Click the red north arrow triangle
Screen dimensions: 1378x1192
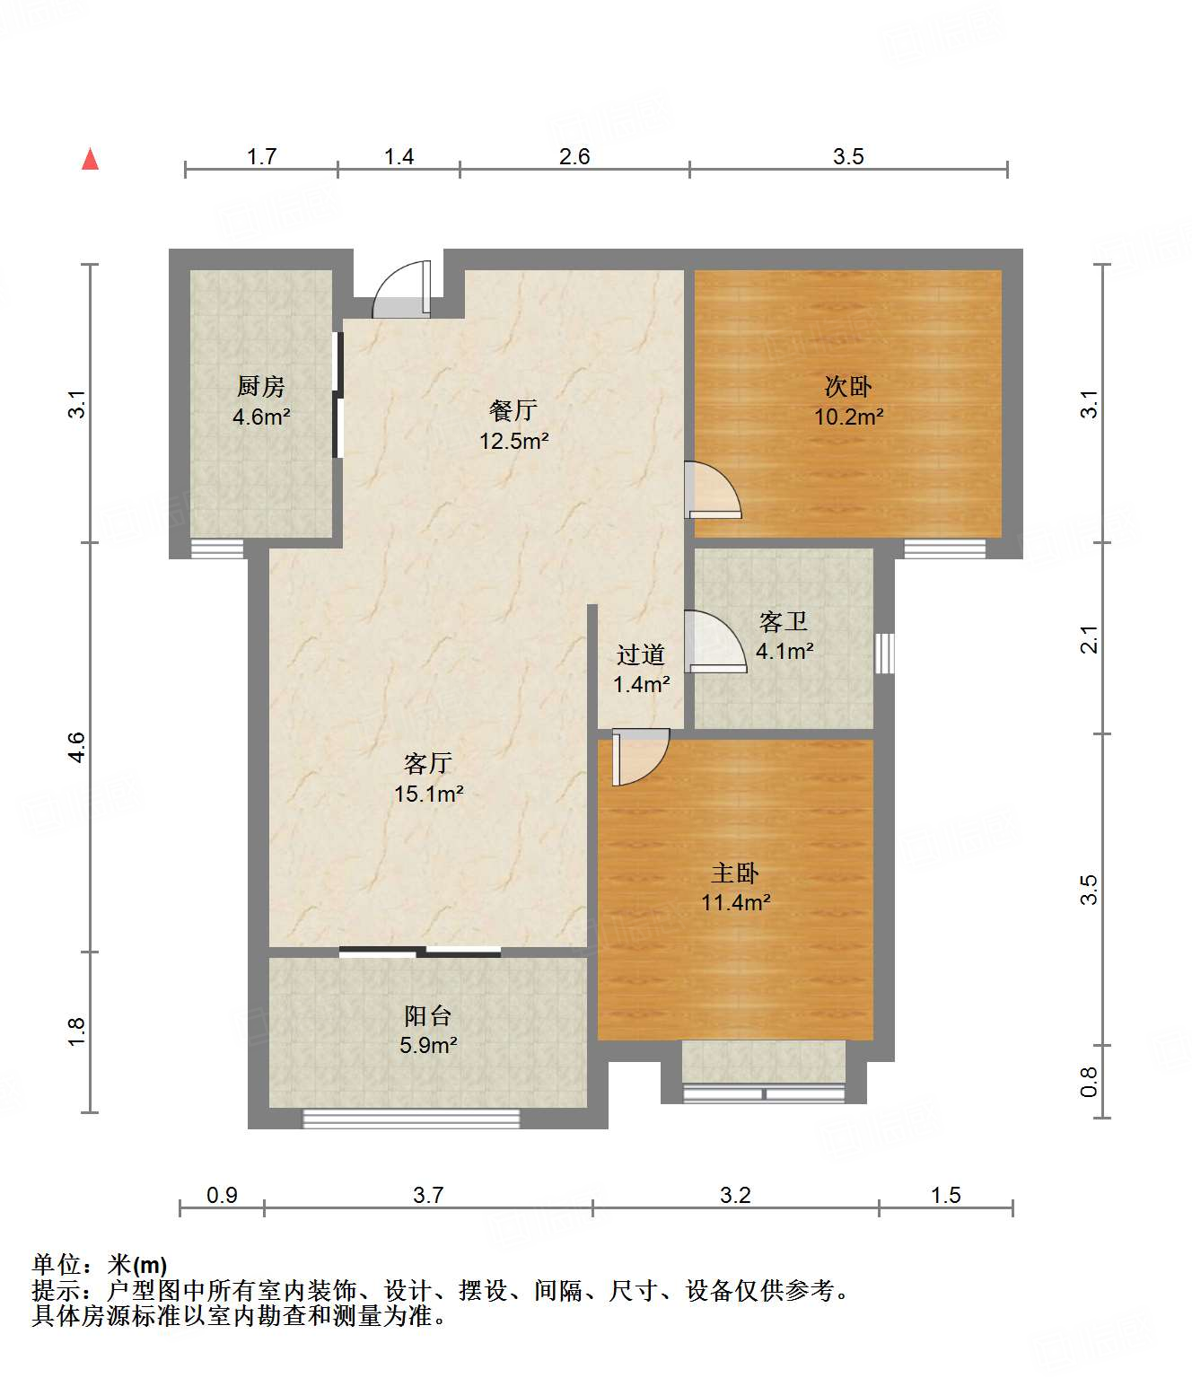point(90,160)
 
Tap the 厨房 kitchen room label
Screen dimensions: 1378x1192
point(260,387)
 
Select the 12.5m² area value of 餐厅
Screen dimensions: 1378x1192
point(513,441)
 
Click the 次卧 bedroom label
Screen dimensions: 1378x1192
point(847,387)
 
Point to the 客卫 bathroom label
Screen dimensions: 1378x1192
point(783,621)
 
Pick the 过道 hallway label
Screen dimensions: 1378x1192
point(641,654)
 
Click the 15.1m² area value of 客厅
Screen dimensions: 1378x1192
point(428,794)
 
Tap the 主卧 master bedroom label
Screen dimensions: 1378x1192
point(735,873)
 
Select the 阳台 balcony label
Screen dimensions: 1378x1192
point(427,1015)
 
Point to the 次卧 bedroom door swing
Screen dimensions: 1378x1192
point(713,491)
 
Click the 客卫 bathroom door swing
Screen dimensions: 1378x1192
point(714,642)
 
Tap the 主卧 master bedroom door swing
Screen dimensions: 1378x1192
point(640,756)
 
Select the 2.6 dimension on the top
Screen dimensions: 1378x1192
point(574,156)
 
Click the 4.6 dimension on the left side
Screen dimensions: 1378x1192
point(77,747)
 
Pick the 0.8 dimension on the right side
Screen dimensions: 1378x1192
point(1089,1081)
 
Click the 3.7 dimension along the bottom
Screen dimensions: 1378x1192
point(428,1195)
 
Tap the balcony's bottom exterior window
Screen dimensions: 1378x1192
point(411,1119)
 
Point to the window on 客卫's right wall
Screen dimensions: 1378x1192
point(885,653)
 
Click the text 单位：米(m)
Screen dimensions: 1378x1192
point(100,1265)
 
